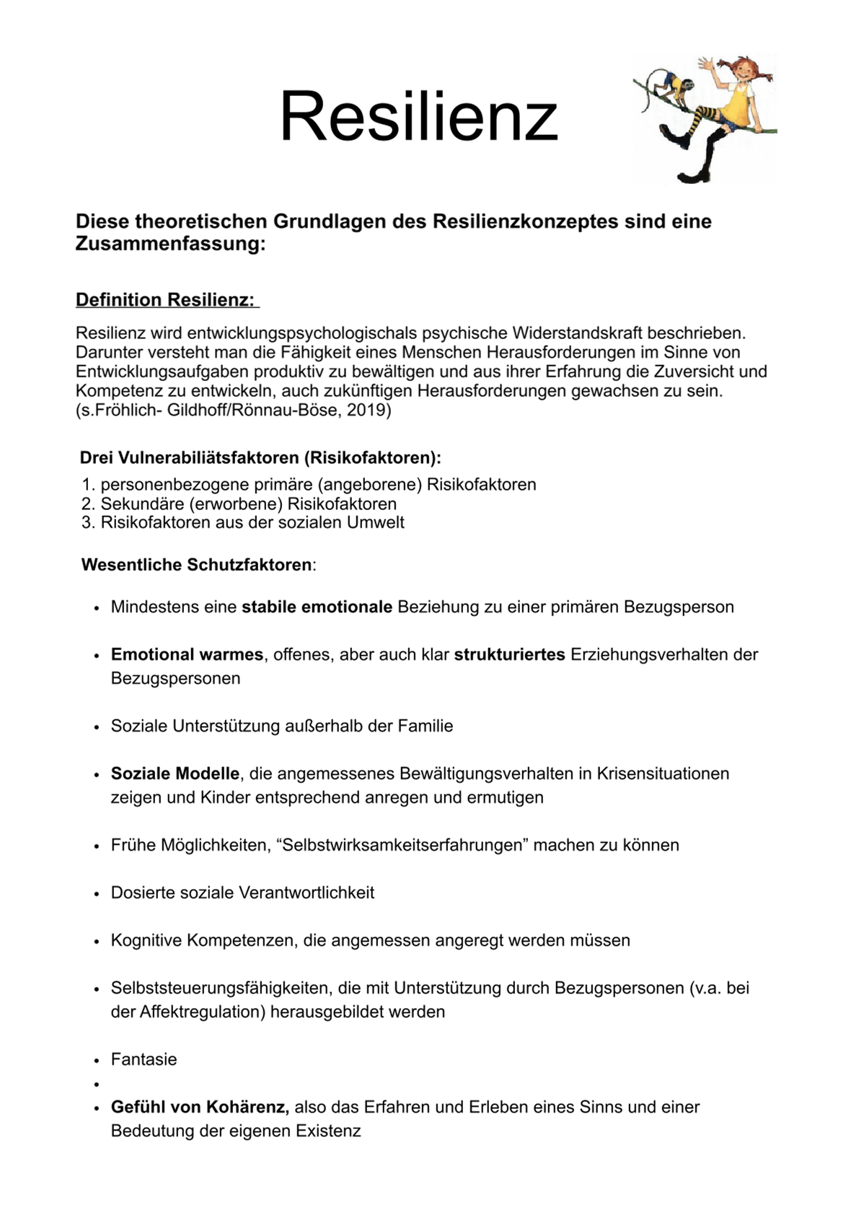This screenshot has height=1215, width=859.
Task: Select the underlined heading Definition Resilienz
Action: pos(166,300)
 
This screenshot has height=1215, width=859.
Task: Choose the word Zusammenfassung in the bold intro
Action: pos(170,244)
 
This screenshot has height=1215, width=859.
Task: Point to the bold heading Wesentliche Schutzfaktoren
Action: pos(197,564)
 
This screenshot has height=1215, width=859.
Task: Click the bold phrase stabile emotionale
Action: pos(317,607)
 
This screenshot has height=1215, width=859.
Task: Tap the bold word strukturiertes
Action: pos(509,654)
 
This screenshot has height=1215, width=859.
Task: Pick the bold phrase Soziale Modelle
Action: pos(175,773)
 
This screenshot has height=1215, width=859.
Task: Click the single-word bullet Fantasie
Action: pos(144,1059)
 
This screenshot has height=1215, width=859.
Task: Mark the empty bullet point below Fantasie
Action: pos(95,1084)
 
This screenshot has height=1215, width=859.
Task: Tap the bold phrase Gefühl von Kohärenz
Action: pos(200,1107)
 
